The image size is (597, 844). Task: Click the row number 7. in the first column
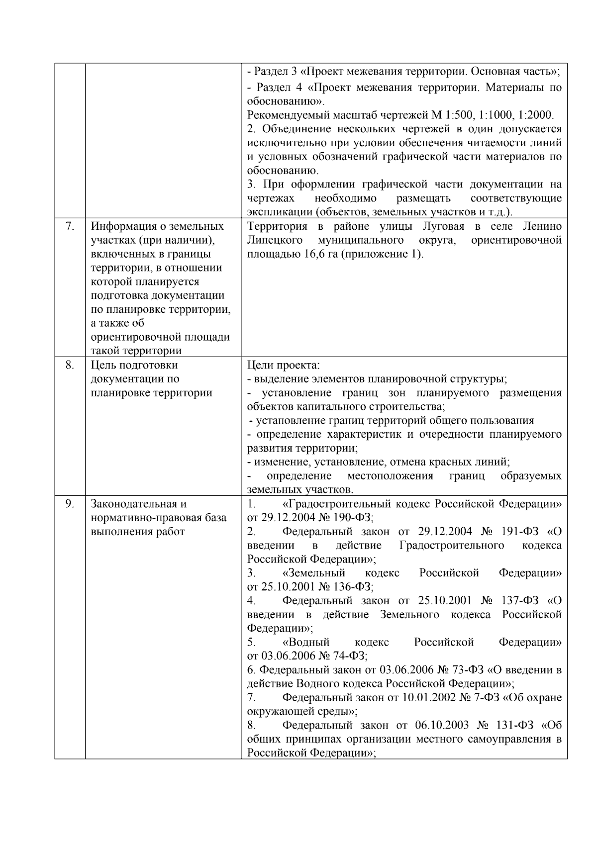70,226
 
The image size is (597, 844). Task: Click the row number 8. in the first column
70,365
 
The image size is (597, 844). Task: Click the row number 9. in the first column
70,504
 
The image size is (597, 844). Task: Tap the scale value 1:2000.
535,115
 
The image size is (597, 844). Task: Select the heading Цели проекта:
283,365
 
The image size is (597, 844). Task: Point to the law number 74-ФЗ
346,656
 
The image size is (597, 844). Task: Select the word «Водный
305,642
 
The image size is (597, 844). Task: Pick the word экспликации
275,212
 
